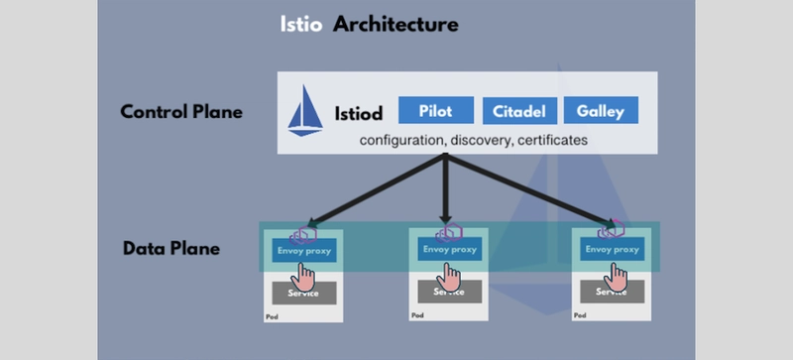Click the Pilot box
pyautogui.click(x=436, y=111)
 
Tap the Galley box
pyautogui.click(x=600, y=111)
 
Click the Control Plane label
pyautogui.click(x=181, y=112)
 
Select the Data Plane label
pyautogui.click(x=170, y=248)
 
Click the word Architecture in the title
pyautogui.click(x=396, y=23)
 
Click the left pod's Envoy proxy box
pyautogui.click(x=304, y=250)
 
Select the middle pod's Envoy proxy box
pyautogui.click(x=449, y=250)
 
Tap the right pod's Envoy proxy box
pyautogui.click(x=613, y=250)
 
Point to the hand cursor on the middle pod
pyautogui.click(x=452, y=275)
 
